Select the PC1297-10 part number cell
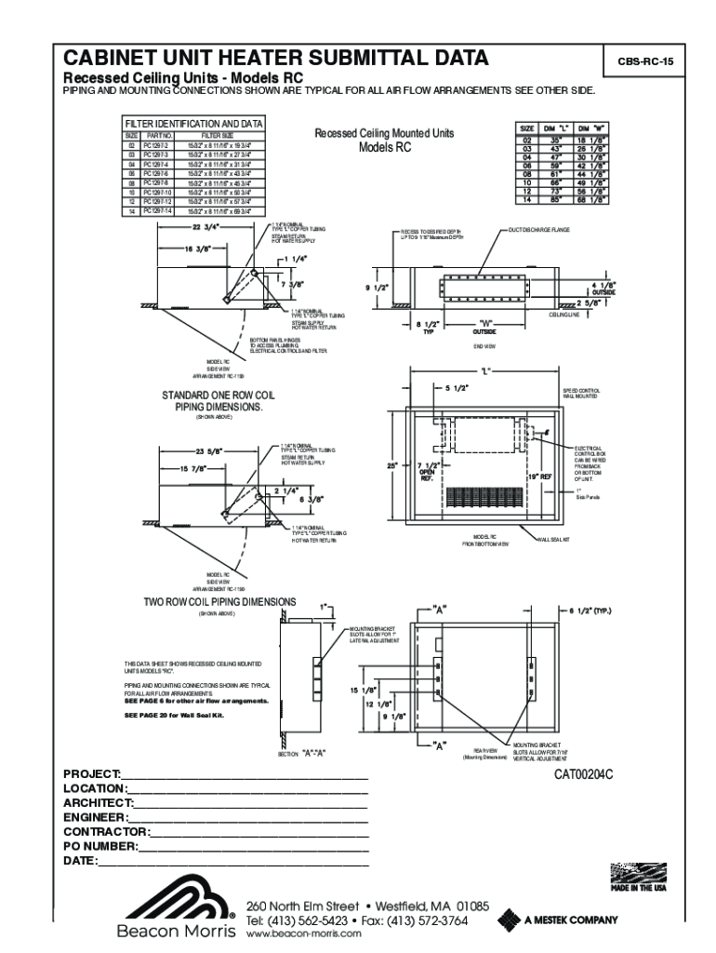[157, 193]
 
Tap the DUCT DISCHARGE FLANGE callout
[539, 229]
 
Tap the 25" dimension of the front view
[393, 465]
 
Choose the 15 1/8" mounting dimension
[364, 691]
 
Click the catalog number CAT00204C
[585, 773]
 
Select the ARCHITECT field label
[98, 802]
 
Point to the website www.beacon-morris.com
[302, 935]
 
